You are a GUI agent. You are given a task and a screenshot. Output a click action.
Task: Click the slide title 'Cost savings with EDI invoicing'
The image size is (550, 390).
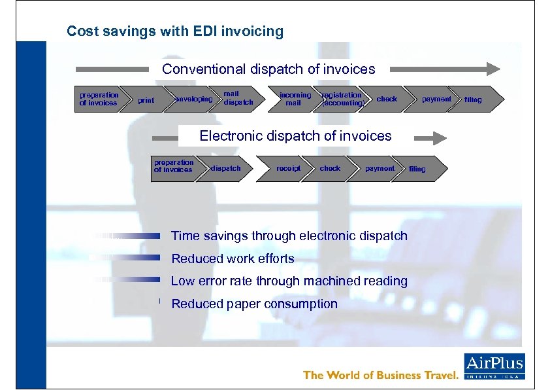point(175,31)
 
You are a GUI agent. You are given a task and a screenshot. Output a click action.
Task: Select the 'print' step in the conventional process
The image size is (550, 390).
point(146,100)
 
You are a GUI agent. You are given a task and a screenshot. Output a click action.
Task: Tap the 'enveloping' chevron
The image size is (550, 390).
point(193,99)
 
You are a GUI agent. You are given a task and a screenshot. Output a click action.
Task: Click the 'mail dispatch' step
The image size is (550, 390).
point(238,99)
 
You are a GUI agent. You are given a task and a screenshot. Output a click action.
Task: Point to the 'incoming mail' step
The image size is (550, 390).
point(295,99)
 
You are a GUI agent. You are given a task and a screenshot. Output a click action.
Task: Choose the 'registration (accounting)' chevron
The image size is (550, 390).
point(341,99)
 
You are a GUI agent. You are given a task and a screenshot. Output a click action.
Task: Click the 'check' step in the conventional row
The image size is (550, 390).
point(387,99)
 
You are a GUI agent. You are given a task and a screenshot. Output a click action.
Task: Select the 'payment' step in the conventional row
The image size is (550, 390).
point(436,99)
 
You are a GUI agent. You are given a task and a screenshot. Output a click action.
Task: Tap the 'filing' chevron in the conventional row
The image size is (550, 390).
point(474,99)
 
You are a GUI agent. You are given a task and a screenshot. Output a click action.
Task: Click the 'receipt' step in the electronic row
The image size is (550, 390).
point(288,168)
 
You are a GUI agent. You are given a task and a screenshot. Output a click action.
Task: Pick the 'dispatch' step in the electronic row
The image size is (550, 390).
point(226,168)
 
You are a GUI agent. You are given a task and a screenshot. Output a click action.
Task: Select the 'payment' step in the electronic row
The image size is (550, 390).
point(380,168)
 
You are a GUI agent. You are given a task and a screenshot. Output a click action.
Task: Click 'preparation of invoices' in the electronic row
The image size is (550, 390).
point(173,167)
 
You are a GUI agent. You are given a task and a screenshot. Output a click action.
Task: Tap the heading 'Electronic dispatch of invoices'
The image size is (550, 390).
point(295,136)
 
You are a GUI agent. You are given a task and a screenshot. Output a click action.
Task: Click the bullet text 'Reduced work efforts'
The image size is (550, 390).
point(233,258)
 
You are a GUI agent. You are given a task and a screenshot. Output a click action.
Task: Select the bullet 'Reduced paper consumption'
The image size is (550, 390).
point(254,304)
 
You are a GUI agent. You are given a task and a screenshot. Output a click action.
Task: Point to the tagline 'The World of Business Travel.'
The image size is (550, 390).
point(381,375)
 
